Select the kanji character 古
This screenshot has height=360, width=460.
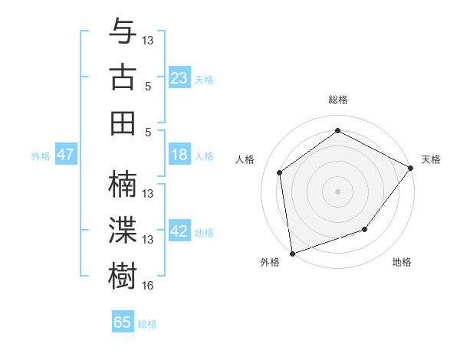pyautogui.click(x=123, y=77)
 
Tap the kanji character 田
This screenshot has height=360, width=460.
pyautogui.click(x=123, y=123)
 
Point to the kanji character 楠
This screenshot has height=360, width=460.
pyautogui.click(x=123, y=184)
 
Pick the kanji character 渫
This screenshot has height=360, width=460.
pyautogui.click(x=123, y=230)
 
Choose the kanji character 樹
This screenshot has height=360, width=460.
pyautogui.click(x=123, y=274)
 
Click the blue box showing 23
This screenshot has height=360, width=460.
pyautogui.click(x=179, y=77)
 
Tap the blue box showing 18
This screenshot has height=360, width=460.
pyautogui.click(x=179, y=155)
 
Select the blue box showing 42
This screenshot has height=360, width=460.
pyautogui.click(x=179, y=231)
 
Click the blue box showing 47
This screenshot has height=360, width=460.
pyautogui.click(x=65, y=155)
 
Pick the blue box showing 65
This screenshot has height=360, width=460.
pyautogui.click(x=122, y=322)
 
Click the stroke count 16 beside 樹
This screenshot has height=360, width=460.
pyautogui.click(x=148, y=286)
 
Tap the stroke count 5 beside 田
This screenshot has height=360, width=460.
pyautogui.click(x=148, y=132)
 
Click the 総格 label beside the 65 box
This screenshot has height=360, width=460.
pyautogui.click(x=147, y=324)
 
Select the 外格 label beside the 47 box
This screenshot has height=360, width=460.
pyautogui.click(x=41, y=156)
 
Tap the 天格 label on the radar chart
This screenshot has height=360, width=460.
pyautogui.click(x=431, y=159)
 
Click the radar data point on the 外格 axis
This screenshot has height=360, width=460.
pyautogui.click(x=291, y=253)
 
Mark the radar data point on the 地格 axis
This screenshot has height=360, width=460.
pyautogui.click(x=365, y=229)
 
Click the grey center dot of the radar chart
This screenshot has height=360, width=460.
pyautogui.click(x=337, y=191)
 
